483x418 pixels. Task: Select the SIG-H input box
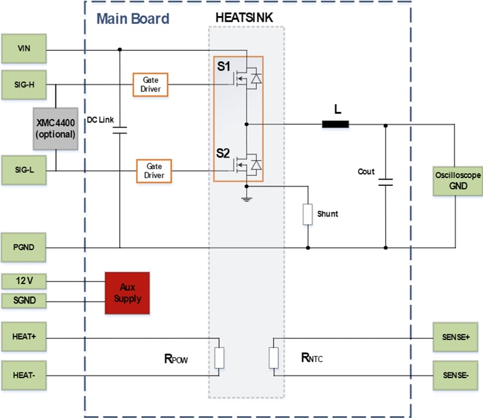pos(24,84)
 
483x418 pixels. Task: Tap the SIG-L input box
pos(24,170)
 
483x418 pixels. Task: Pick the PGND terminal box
pos(24,248)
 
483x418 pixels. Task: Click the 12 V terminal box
pos(24,281)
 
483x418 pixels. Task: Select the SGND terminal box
pos(24,300)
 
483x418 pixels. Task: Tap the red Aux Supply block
pos(127,293)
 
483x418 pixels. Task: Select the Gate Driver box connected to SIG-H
pos(150,84)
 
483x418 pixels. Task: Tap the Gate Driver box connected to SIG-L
pos(154,170)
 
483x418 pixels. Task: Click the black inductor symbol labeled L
pos(335,125)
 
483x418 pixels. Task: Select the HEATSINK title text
pos(245,17)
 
